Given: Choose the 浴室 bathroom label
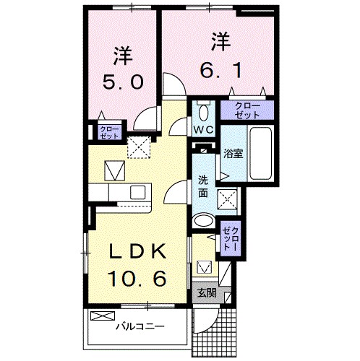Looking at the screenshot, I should coord(232,153).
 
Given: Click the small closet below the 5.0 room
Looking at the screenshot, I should coord(99,131).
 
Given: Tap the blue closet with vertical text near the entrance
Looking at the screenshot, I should coord(229,236).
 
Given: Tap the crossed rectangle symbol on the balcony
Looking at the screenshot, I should coord(103,315).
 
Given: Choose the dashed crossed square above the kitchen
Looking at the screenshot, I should coord(137,147).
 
